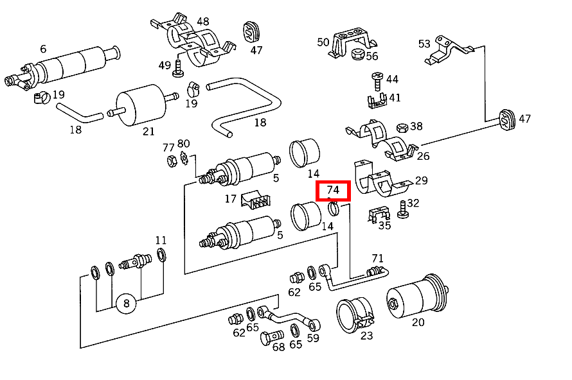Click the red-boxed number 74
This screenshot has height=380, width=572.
coord(333,191)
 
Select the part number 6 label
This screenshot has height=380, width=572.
coord(43,49)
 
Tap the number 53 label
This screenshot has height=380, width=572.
coord(424,44)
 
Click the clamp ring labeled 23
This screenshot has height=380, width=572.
coord(353,315)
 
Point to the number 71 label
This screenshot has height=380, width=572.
coord(377,259)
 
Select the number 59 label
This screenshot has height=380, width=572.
coord(313,338)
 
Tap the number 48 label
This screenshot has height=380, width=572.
coord(203,21)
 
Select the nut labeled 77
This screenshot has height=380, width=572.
coord(171,160)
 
